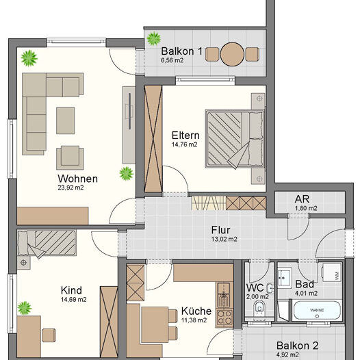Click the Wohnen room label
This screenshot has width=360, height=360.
(x=78, y=179)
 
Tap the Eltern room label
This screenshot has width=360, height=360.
(x=185, y=134)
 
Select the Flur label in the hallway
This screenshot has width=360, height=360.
(x=220, y=230)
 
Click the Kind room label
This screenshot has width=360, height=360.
(x=71, y=290)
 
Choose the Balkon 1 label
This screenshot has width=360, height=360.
(x=181, y=51)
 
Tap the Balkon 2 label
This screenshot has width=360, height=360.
(x=297, y=346)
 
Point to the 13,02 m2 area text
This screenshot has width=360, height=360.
(x=224, y=240)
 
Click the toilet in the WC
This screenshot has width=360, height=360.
(x=258, y=312)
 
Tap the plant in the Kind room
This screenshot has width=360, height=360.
(x=25, y=307)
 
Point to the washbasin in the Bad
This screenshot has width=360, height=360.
(x=284, y=279)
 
